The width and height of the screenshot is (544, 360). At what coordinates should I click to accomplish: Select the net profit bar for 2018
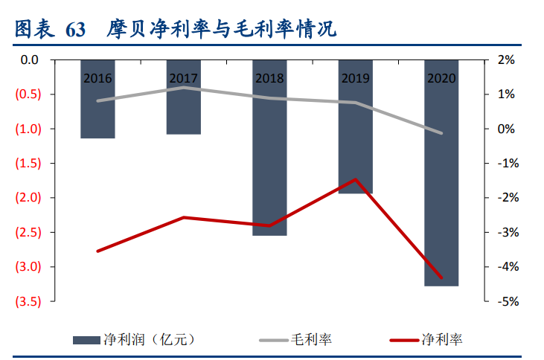click(x=269, y=164)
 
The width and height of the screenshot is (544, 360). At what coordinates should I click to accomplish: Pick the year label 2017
click(x=184, y=77)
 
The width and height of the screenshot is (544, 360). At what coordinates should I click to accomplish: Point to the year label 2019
click(x=356, y=77)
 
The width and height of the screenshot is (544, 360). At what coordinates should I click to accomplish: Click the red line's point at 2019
click(x=356, y=179)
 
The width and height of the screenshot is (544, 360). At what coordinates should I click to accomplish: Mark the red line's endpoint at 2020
click(x=441, y=278)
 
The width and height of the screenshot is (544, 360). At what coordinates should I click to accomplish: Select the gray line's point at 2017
click(x=184, y=88)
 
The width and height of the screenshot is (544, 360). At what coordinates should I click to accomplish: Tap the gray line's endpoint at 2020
click(x=441, y=133)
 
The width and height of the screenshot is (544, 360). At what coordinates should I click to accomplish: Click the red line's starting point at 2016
click(x=97, y=251)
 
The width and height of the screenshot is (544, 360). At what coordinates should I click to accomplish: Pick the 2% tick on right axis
click(x=506, y=60)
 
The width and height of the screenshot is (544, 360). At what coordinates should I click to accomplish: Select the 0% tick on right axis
click(x=506, y=129)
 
